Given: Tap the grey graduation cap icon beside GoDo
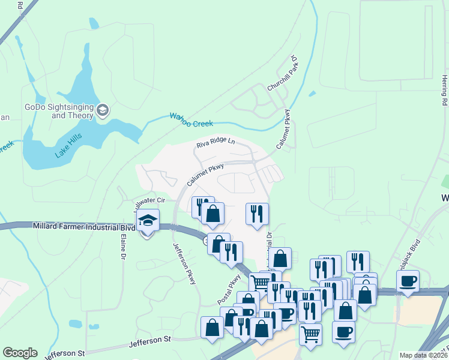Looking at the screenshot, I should click(103, 110).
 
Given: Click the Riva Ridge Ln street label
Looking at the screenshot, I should click(215, 145).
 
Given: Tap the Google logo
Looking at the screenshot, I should click(20, 353).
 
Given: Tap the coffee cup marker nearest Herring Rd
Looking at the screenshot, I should click(408, 281).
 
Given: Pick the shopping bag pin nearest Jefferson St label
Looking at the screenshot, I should click(212, 327).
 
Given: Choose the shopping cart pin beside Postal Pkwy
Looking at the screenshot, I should click(260, 283).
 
